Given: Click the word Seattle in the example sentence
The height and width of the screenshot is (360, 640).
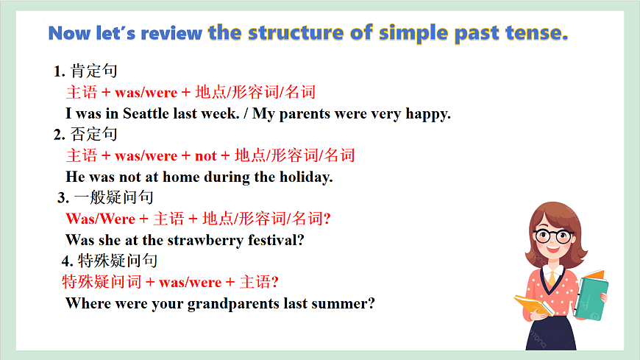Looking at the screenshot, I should [x=147, y=114].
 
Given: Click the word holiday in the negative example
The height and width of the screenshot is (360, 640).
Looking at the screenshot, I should [x=305, y=177].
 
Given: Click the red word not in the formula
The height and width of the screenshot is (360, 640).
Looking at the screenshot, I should [x=205, y=155].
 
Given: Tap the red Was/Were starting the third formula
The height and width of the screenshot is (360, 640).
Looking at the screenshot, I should [x=100, y=219].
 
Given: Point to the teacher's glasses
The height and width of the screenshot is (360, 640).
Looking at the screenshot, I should [x=553, y=236].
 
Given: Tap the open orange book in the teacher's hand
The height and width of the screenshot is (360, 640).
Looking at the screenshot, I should [x=533, y=304].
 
